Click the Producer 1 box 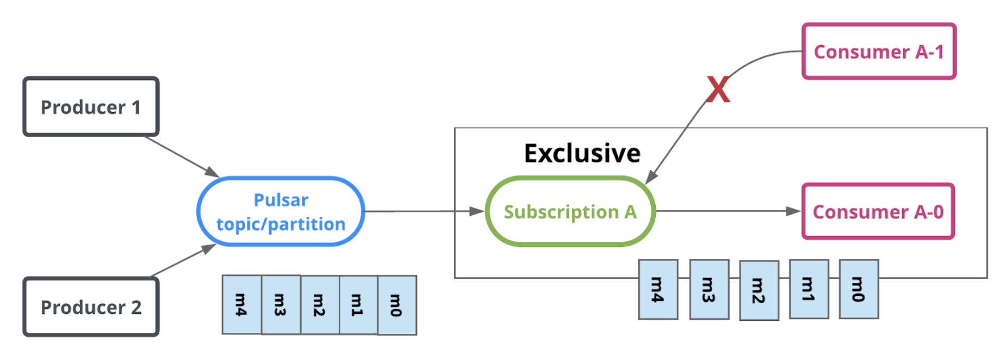point(91,107)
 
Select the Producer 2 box point(91,307)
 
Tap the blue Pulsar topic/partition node point(281,212)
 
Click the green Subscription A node point(570,212)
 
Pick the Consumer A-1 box point(879,52)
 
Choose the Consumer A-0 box point(878,212)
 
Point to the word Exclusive point(582,153)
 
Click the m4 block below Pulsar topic point(241,305)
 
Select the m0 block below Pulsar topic point(397,305)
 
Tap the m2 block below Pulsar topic point(320,305)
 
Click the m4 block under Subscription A point(658,289)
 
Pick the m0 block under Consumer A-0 point(859,289)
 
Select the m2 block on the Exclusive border point(759,290)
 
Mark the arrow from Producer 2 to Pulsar point(182,260)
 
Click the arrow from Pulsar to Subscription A point(424,211)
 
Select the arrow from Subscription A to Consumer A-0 point(729,211)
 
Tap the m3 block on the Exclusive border point(709,289)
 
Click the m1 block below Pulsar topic point(358,305)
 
